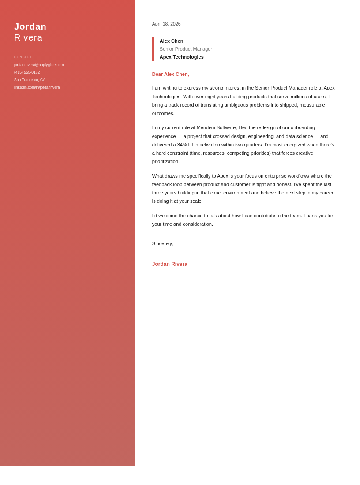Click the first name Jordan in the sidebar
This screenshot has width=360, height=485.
[30, 26]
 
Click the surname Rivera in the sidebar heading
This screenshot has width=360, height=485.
[28, 37]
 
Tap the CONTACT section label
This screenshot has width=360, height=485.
[23, 57]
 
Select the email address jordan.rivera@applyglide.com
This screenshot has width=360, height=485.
[39, 65]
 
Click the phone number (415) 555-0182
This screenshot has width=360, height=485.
[27, 72]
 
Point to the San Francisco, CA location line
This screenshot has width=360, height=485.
[30, 80]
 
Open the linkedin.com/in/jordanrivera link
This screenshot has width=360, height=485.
[37, 87]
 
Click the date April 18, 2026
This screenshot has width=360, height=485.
[166, 24]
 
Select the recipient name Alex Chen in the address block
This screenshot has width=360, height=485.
[171, 41]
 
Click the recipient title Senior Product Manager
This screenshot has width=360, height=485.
[186, 49]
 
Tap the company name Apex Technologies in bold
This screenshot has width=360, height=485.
[182, 57]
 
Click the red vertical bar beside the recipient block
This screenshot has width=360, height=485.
[153, 49]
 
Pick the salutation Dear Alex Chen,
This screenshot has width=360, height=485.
[170, 74]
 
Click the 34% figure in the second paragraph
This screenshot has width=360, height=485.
[182, 145]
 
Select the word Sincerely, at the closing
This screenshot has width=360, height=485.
[162, 243]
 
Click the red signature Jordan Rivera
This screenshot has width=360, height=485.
[170, 264]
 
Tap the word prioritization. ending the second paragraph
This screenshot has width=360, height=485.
[166, 161]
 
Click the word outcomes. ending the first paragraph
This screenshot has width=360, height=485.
[163, 113]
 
